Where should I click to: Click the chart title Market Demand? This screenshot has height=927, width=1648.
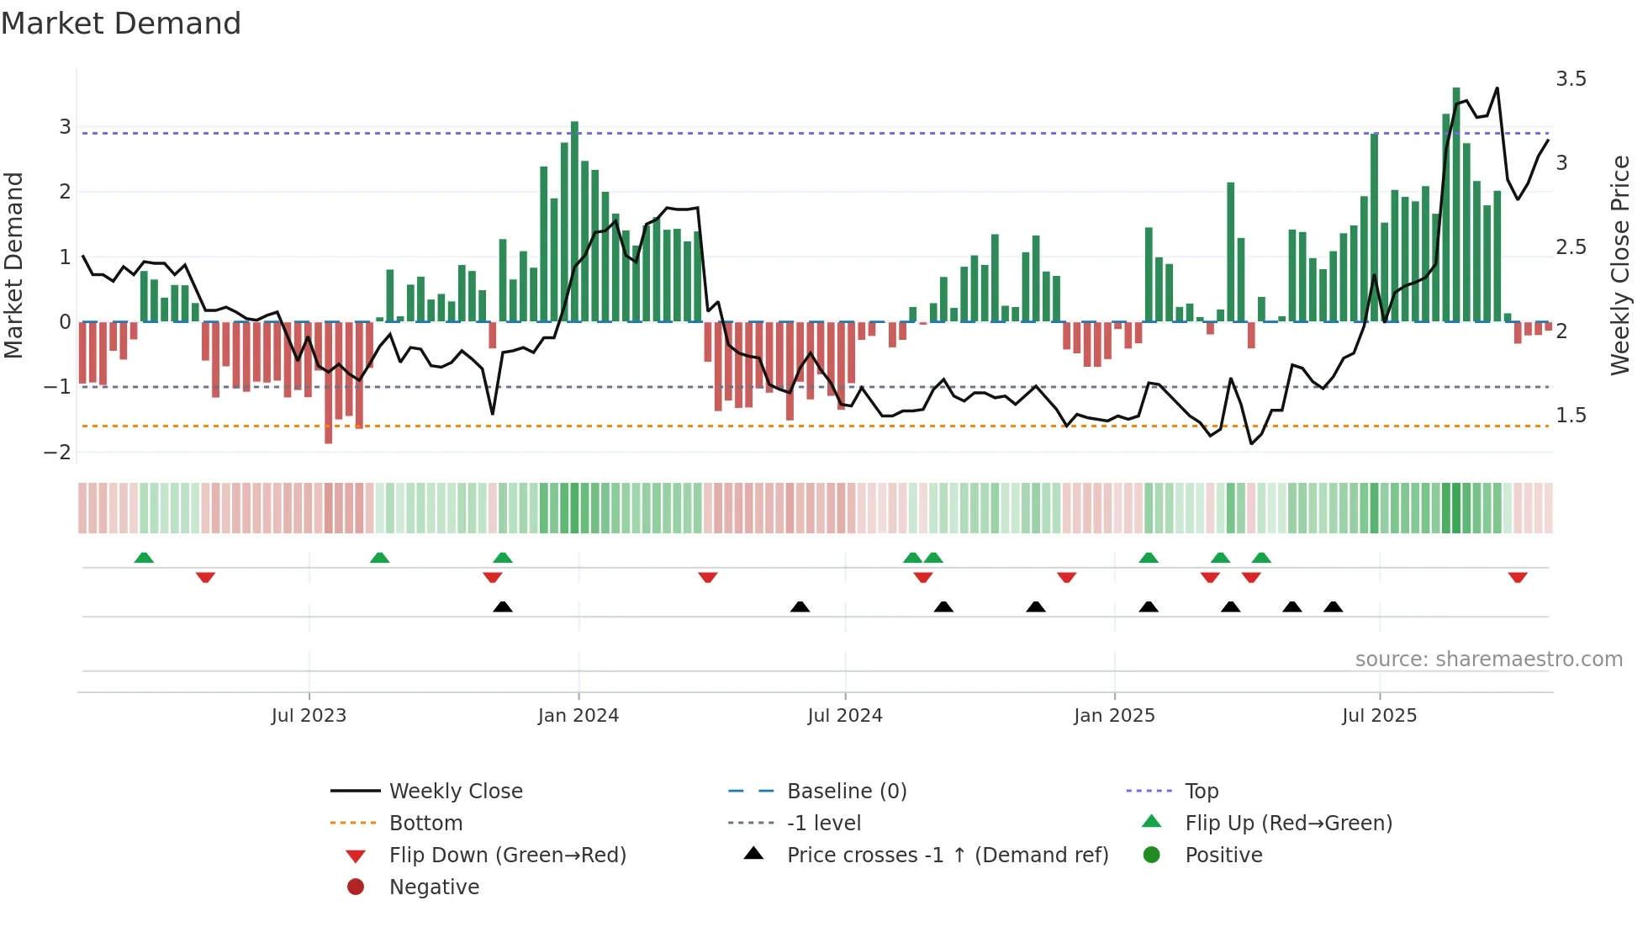pyautogui.click(x=121, y=24)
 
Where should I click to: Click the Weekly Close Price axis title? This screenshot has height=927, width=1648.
pyautogui.click(x=1619, y=265)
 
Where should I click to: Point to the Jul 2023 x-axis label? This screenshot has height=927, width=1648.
pyautogui.click(x=309, y=716)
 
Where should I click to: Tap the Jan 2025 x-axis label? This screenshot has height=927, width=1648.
pyautogui.click(x=1114, y=716)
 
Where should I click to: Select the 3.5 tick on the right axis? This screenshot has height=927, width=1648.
pyautogui.click(x=1570, y=79)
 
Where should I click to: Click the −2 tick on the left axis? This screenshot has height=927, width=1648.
pyautogui.click(x=58, y=453)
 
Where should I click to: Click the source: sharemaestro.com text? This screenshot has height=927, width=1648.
pyautogui.click(x=1488, y=659)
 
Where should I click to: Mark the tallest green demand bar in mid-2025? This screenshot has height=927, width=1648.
pyautogui.click(x=1456, y=202)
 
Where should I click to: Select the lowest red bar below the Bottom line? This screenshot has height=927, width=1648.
pyautogui.click(x=329, y=383)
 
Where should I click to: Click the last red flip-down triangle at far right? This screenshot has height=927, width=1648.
pyautogui.click(x=1518, y=577)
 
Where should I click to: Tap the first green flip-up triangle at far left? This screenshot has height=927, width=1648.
pyautogui.click(x=144, y=558)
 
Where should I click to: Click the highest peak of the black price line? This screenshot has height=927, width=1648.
pyautogui.click(x=1497, y=88)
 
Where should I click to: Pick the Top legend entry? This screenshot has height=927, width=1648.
pyautogui.click(x=1201, y=792)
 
